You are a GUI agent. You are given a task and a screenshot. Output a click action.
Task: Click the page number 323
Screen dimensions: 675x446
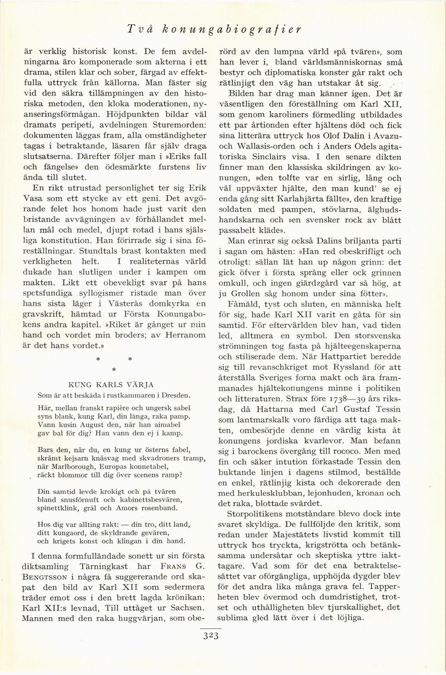pyautogui.click(x=211, y=635)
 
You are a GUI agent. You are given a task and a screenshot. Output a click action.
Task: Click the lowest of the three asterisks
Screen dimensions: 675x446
pyautogui.click(x=113, y=369)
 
